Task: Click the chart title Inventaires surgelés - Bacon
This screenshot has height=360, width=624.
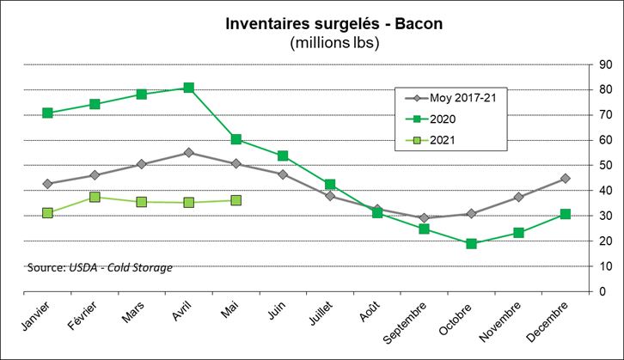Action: (x=334, y=23)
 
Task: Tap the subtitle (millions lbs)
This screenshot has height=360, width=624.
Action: (x=334, y=42)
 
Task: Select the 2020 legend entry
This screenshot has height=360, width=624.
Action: (x=455, y=119)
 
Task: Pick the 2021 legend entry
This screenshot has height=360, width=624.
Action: (x=455, y=140)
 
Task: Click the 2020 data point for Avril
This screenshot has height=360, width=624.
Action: (x=188, y=88)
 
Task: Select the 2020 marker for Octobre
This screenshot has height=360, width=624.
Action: (x=471, y=244)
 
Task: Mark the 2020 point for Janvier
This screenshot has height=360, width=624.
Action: (x=47, y=113)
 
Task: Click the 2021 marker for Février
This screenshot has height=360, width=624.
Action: (x=95, y=198)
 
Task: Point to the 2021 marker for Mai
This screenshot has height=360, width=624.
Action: (x=236, y=200)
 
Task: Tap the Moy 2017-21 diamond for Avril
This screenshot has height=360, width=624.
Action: (x=188, y=153)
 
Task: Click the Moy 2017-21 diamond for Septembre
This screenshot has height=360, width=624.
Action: (x=424, y=218)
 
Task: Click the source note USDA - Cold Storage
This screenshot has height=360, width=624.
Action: (x=100, y=268)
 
